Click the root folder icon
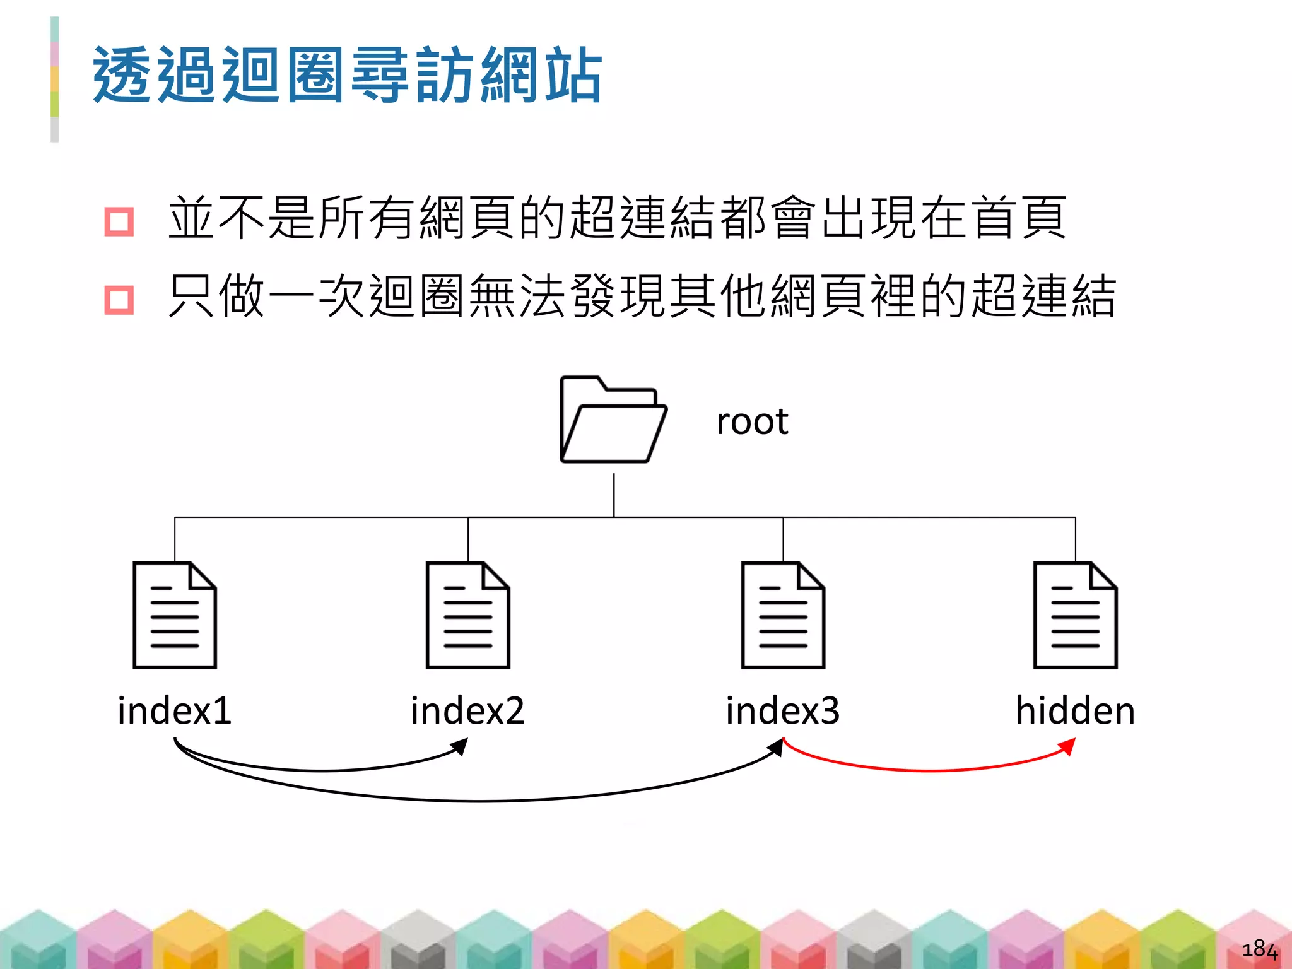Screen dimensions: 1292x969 pos(613,420)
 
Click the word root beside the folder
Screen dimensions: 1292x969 pos(752,421)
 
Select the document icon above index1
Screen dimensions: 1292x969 pos(175,615)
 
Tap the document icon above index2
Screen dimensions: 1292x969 pos(467,615)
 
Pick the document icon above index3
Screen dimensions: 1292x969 pos(783,615)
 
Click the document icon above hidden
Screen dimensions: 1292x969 pos(1075,615)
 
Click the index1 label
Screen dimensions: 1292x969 pos(175,710)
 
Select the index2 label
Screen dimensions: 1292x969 pos(467,710)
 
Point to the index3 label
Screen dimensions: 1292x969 pos(783,710)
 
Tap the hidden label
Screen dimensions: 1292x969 pos(1075,710)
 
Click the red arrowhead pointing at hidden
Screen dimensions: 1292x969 pos(1067,746)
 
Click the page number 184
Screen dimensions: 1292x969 pos(1259,949)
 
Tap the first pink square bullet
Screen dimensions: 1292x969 pos(119,221)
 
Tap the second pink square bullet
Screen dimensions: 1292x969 pos(119,300)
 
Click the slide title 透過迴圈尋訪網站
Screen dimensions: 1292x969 pos(348,75)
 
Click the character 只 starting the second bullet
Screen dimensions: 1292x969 pos(191,296)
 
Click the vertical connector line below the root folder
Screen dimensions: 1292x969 pos(614,495)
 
